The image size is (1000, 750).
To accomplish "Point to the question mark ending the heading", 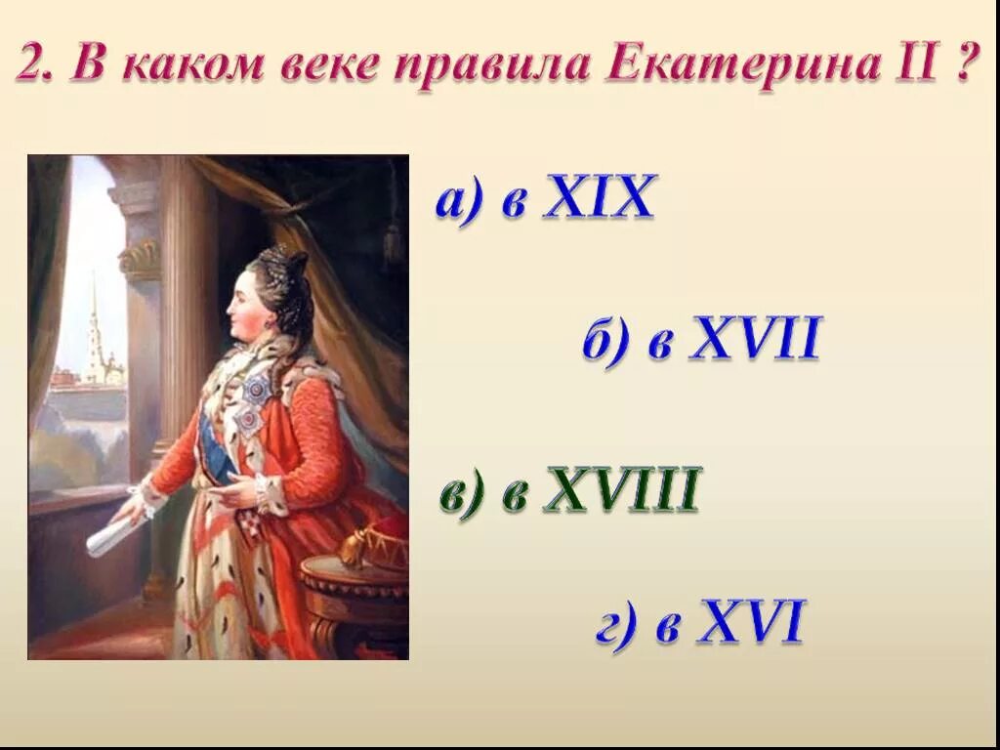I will pos(963,65).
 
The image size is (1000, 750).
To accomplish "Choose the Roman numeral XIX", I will pos(598,198).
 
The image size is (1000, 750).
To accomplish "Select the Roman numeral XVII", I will pos(755,341).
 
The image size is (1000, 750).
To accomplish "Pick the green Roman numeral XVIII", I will pos(622,490).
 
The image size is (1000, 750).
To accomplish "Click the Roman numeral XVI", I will pos(750,622).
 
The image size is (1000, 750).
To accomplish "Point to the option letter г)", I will pos(618,625).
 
